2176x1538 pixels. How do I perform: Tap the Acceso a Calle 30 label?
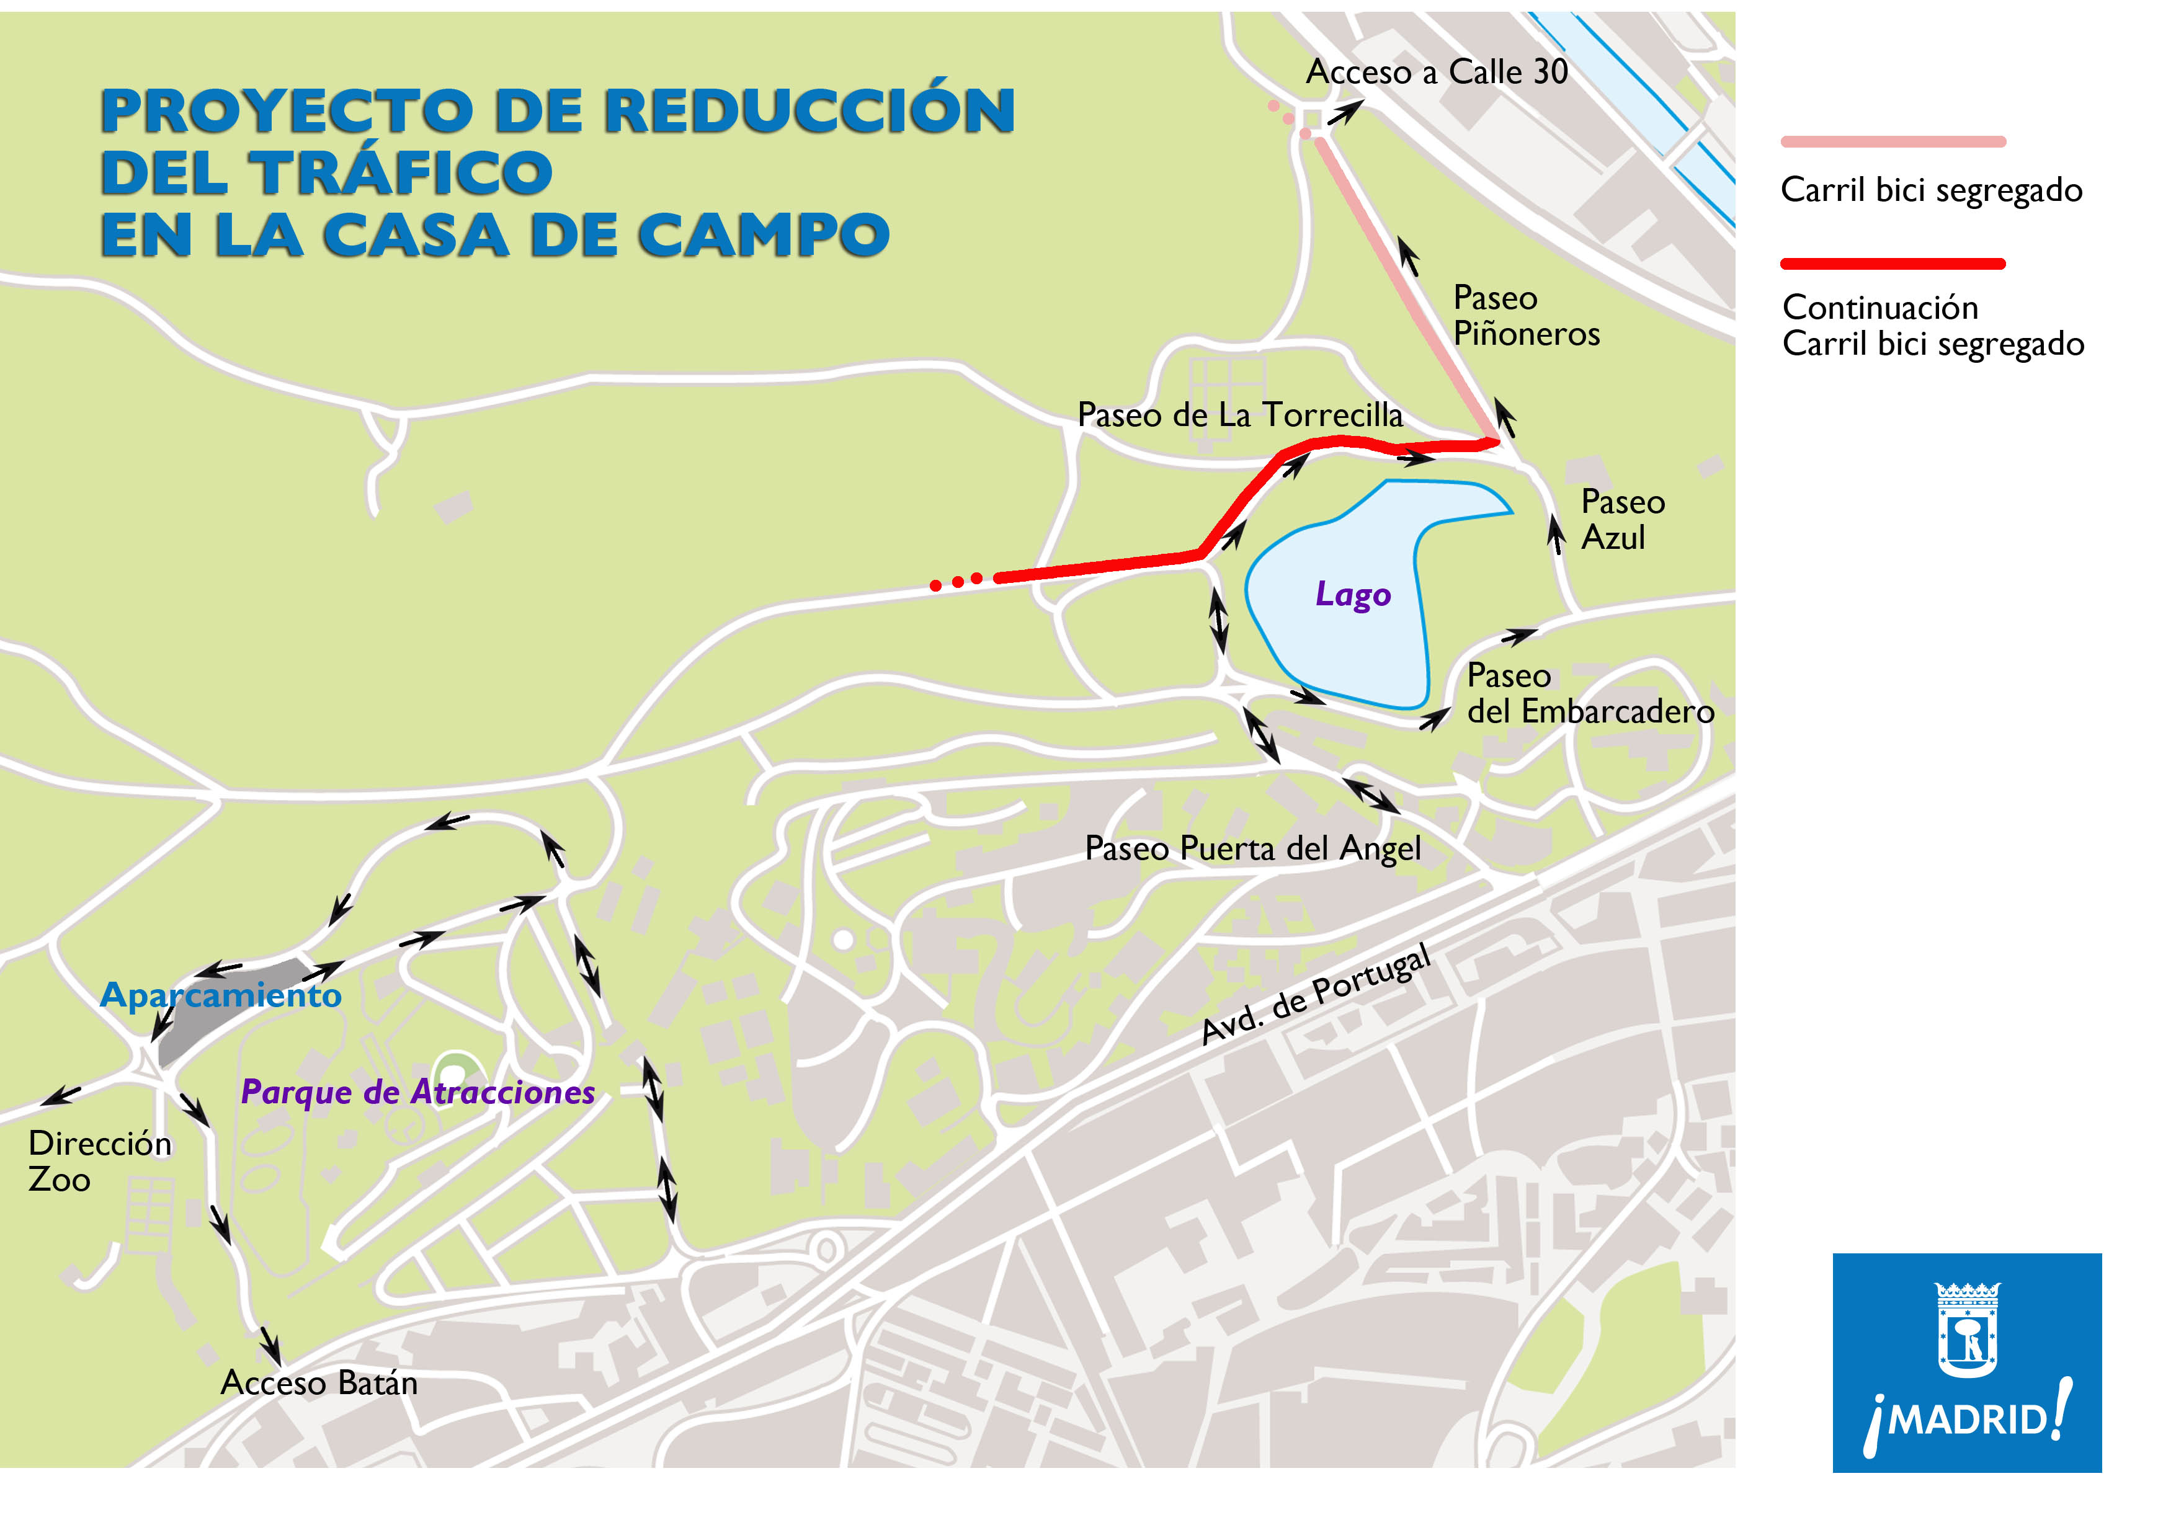tap(1436, 72)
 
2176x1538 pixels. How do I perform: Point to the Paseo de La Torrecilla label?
tap(1239, 415)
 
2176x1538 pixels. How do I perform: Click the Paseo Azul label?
tap(1621, 519)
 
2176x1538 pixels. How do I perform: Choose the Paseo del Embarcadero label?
tap(1589, 694)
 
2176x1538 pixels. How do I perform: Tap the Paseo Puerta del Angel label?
tap(1252, 848)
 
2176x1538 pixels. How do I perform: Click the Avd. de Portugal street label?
tap(1316, 994)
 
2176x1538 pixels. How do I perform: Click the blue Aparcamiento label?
tap(221, 995)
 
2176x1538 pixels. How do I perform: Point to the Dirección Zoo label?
tap(99, 1161)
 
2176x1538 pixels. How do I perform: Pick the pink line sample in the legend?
tap(1893, 142)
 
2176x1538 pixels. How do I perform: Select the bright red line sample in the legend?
tap(1893, 264)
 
